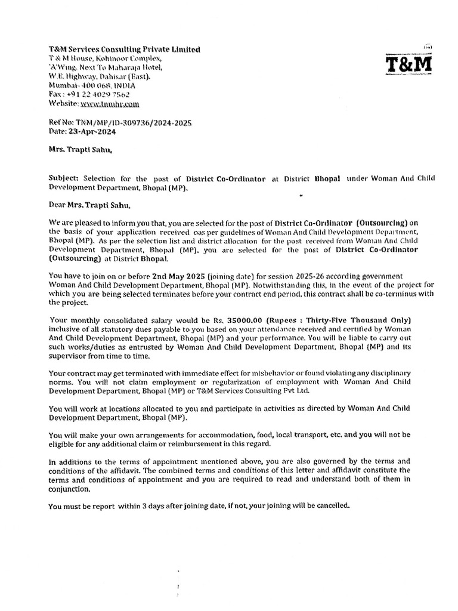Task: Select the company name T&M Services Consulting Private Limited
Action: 124,49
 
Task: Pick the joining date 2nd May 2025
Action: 182,276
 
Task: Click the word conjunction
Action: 69,489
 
